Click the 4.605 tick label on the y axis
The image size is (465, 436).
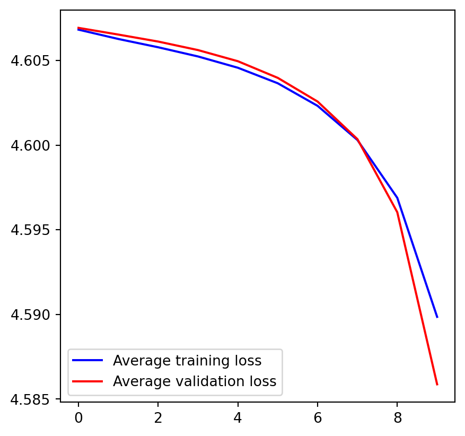[31, 61]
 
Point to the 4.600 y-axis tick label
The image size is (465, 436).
[31, 146]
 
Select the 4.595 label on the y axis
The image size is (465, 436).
[31, 230]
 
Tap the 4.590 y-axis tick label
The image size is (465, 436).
[31, 315]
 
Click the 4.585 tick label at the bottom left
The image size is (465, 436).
[31, 399]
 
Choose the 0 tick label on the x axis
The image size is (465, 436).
[78, 418]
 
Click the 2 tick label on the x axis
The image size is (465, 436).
[158, 418]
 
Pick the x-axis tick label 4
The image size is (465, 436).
[238, 418]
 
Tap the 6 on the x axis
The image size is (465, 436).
[318, 418]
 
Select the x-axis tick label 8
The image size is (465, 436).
[397, 418]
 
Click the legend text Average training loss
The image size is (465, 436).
[187, 361]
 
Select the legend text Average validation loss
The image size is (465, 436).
[195, 381]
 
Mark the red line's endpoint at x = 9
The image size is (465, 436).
[437, 385]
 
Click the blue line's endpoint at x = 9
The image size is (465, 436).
[437, 317]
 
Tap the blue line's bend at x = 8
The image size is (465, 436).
[397, 198]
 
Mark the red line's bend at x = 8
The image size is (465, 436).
[397, 212]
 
